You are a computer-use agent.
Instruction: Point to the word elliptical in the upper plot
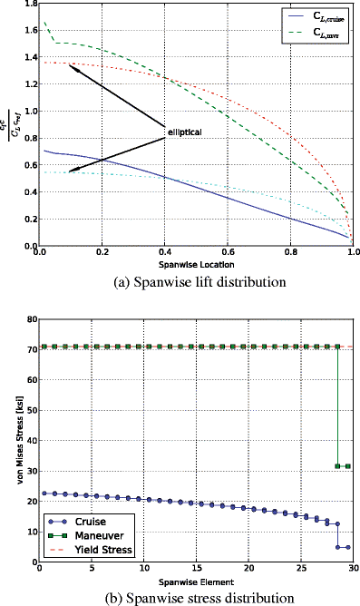coord(184,132)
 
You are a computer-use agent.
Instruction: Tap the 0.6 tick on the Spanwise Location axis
coord(228,253)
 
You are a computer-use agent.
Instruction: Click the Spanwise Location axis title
coord(195,264)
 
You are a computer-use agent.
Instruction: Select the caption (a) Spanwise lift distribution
coord(194,281)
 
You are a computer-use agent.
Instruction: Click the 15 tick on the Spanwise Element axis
coord(195,571)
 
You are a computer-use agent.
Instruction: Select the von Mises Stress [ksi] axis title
coord(11,441)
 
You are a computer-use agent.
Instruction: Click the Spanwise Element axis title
coord(195,582)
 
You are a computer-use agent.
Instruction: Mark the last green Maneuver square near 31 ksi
coord(348,466)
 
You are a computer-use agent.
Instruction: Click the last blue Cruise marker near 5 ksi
coord(348,547)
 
